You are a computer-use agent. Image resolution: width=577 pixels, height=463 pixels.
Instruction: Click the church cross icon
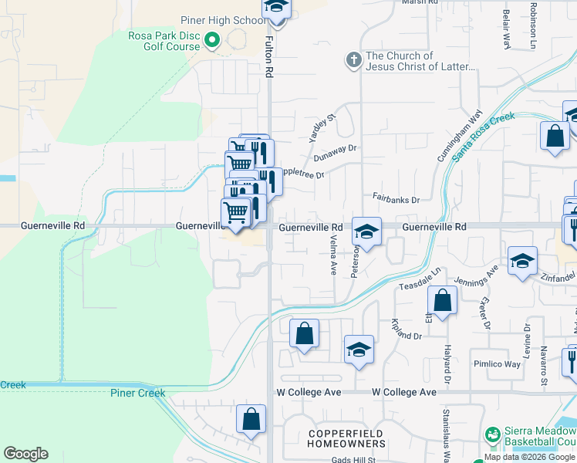tap(354, 60)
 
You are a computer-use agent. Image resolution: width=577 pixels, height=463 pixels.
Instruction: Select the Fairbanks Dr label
tap(396, 199)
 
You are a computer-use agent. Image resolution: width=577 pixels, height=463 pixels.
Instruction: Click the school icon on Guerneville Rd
tap(366, 231)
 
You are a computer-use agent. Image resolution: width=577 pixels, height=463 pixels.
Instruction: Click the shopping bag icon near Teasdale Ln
tap(442, 300)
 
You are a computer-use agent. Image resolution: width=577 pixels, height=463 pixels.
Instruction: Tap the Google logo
tap(25, 454)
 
